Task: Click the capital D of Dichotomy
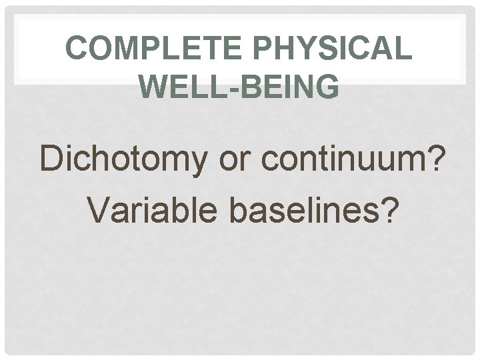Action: click(52, 159)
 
